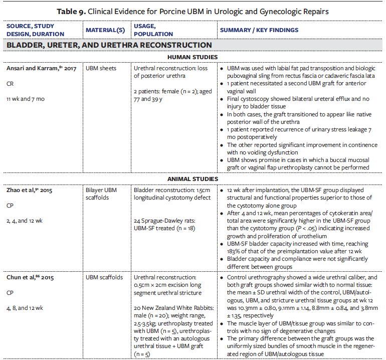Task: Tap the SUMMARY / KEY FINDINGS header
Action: click(259, 30)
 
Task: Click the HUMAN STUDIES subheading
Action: click(193, 57)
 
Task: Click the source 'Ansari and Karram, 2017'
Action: click(41, 67)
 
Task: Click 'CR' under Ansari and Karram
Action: click(11, 83)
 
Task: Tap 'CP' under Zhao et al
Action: click(11, 206)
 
